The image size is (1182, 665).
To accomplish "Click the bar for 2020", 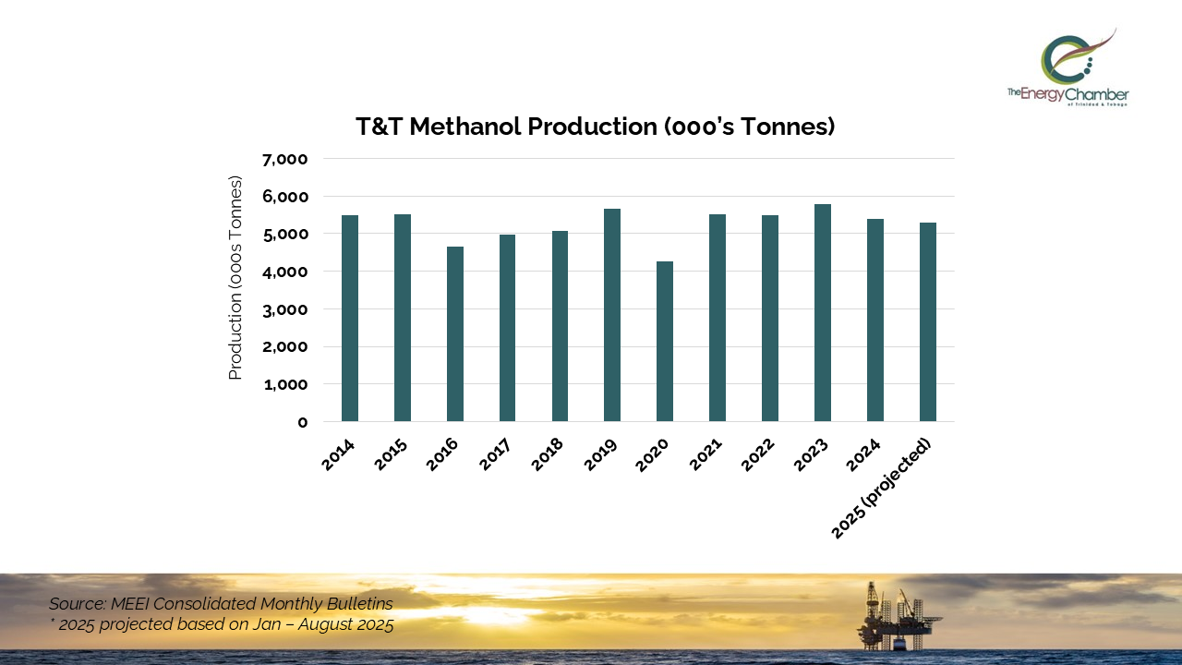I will click(665, 342).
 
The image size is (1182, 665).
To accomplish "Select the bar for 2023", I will click(823, 313).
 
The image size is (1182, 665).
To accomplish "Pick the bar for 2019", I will click(612, 315).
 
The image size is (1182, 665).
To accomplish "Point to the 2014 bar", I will click(350, 319).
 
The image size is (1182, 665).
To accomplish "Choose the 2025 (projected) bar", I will click(928, 322).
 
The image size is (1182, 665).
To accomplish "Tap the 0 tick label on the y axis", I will click(302, 422).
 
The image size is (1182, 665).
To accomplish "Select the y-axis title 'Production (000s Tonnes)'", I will click(235, 277).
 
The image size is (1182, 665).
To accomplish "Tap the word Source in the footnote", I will click(77, 604).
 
